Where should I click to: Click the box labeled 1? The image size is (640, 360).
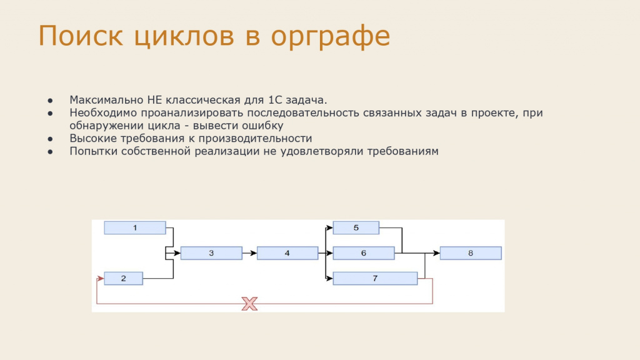coord(135,227)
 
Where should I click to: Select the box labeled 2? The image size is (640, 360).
coord(123,278)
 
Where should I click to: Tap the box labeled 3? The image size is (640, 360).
coord(211,253)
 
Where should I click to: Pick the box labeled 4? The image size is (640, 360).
coord(287,253)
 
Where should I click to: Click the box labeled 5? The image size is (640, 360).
coord(356,227)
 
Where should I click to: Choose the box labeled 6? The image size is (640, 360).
coord(364,253)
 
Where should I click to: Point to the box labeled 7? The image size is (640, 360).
coord(375,278)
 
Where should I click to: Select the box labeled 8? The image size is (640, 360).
coord(471,253)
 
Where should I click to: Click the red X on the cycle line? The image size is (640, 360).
coord(249,304)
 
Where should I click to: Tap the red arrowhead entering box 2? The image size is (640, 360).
coord(101,278)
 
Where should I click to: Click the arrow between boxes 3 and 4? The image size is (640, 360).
coord(249,253)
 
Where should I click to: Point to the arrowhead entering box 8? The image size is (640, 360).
coord(436,253)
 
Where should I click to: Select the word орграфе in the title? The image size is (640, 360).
coord(330,37)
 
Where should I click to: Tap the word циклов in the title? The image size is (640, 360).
coord(184,37)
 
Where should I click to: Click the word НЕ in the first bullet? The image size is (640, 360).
coord(155,100)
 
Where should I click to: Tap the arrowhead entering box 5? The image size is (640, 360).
coord(329,227)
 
